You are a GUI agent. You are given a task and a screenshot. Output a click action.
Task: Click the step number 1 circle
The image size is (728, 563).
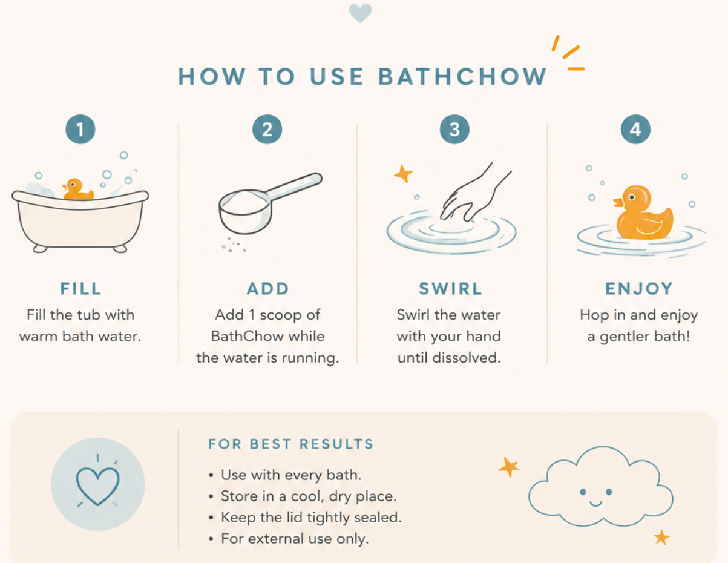pos(80,130)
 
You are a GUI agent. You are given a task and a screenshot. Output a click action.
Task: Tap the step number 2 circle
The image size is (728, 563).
pos(267,130)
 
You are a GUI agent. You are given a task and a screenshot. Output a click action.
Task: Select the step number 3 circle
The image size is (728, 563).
pos(454,130)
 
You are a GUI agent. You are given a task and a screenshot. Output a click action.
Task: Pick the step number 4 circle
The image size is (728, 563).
pos(635,130)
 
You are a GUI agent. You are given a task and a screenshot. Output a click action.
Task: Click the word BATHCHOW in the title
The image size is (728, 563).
pos(463,77)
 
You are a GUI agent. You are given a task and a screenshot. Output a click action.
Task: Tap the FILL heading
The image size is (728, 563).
pos(80,289)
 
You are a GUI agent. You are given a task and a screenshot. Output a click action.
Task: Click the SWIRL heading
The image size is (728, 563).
pos(451,289)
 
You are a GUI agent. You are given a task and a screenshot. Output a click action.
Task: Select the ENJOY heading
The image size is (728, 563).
pos(639,289)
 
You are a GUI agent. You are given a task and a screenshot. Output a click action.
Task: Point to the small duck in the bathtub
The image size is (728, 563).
pos(77,189)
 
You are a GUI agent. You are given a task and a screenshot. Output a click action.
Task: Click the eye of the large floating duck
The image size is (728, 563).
pos(632,197)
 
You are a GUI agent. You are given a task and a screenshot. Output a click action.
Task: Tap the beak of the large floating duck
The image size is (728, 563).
pos(618,202)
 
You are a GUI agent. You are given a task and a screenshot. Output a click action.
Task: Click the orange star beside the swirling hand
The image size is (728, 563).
pos(403,174)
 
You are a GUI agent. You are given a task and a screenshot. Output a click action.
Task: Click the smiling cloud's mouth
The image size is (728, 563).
pos(595,503)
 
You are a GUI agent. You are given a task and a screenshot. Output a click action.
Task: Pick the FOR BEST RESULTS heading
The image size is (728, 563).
pos(291,444)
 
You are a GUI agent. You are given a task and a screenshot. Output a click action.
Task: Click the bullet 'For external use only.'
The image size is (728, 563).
pos(295,539)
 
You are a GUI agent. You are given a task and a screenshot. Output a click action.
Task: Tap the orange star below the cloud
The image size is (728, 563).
pos(661,537)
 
